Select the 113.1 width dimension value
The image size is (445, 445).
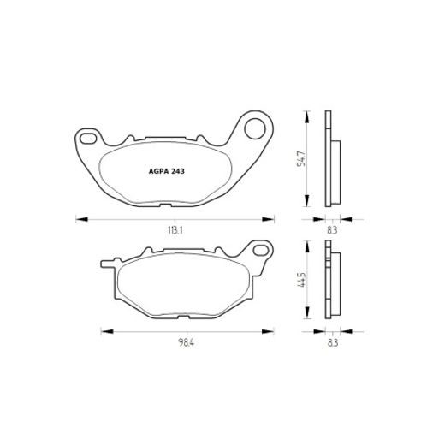(x=174, y=230)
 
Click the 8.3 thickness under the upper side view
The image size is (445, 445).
(x=333, y=230)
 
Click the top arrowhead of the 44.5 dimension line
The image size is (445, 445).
(x=306, y=245)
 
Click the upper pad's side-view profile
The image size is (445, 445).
(x=332, y=160)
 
